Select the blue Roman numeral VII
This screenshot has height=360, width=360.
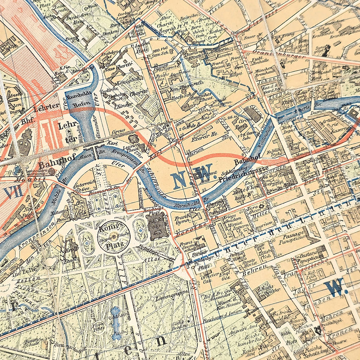12,192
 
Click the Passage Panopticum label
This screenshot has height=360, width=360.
292,235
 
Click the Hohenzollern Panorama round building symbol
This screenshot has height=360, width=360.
52,171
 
